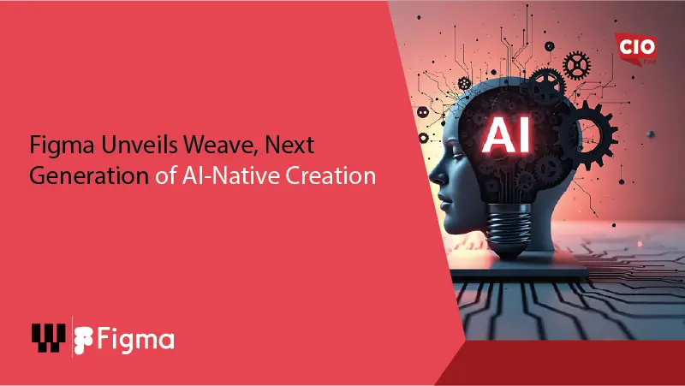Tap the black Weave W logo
[48, 338]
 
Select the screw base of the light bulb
[509, 235]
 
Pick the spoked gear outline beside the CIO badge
[579, 61]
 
